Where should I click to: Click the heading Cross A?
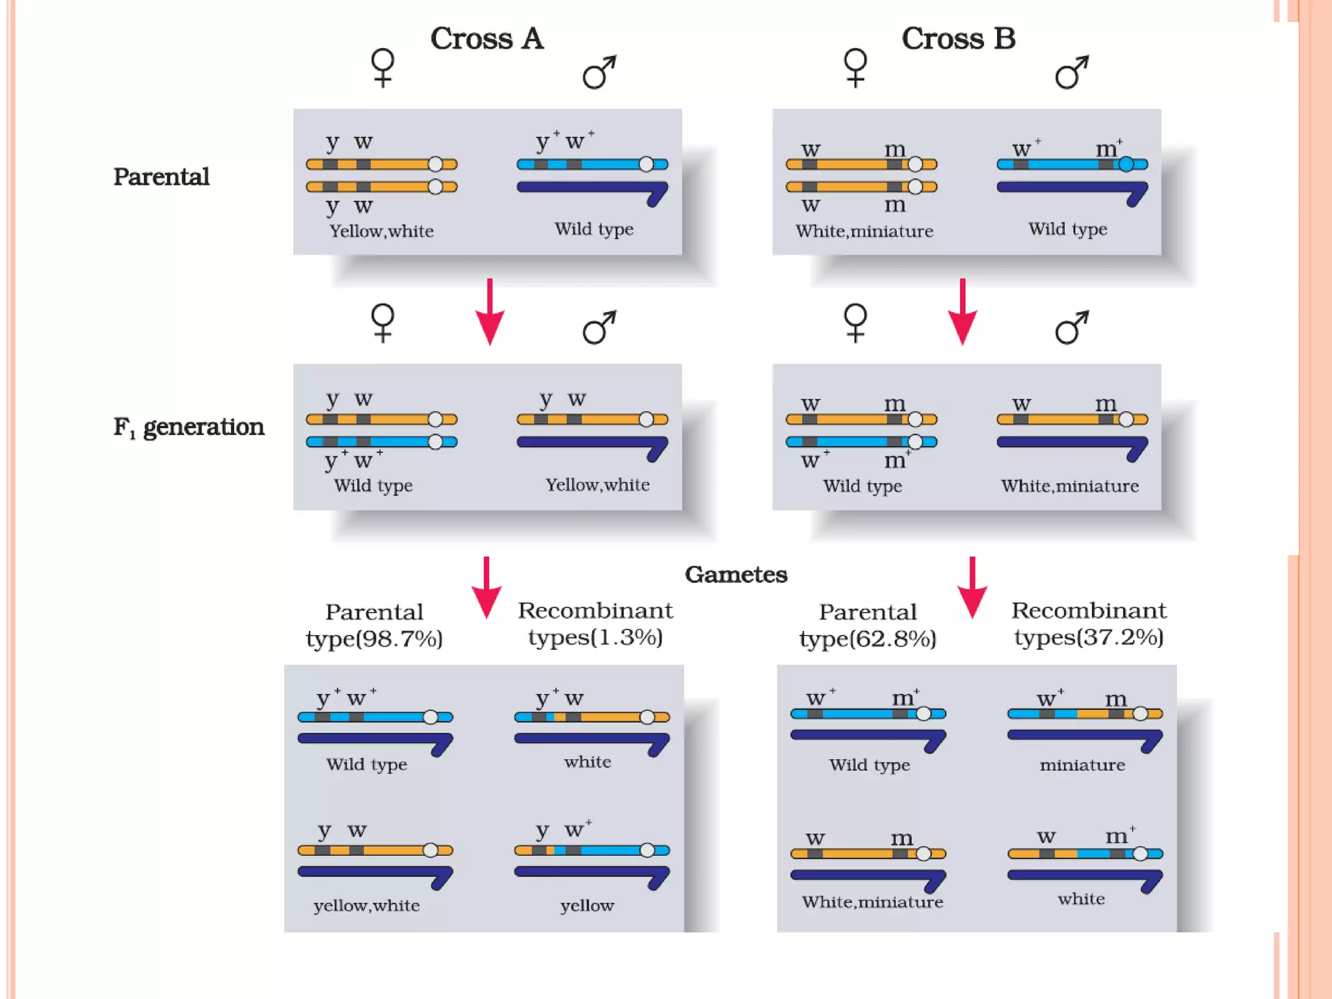click(486, 39)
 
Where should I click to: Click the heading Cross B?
click(958, 39)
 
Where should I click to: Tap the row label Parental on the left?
click(161, 177)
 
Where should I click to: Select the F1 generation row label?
click(189, 427)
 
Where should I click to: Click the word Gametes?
click(736, 574)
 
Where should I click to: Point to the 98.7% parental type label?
click(374, 626)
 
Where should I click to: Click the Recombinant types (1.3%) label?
click(595, 624)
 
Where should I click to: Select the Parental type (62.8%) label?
click(868, 626)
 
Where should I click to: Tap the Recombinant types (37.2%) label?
click(1089, 624)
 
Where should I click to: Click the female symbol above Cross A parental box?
click(382, 68)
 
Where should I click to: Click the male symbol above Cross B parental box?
click(1071, 72)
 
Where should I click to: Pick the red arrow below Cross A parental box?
click(490, 312)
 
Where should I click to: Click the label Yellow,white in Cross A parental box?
click(381, 232)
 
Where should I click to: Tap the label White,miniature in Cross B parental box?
click(864, 232)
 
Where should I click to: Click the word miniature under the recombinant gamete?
click(1082, 766)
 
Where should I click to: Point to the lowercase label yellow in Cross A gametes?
click(587, 906)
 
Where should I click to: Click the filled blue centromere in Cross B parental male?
click(1126, 165)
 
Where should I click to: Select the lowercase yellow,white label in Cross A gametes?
click(366, 906)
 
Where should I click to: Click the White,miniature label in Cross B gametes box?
click(872, 902)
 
